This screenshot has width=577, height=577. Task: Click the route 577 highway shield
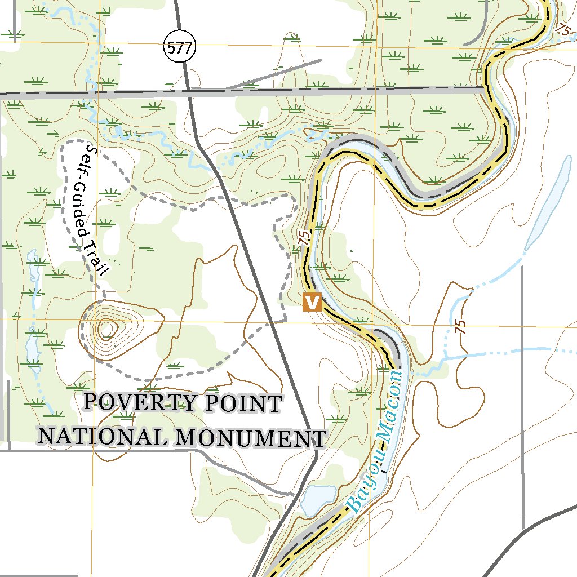point(180,48)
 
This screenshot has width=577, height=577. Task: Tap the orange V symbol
point(312,303)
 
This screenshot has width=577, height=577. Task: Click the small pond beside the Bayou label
point(317,499)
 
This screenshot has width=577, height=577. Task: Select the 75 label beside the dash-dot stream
point(461,327)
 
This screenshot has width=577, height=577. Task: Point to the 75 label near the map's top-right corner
point(562,30)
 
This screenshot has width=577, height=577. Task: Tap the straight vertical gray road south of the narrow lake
point(522,394)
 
